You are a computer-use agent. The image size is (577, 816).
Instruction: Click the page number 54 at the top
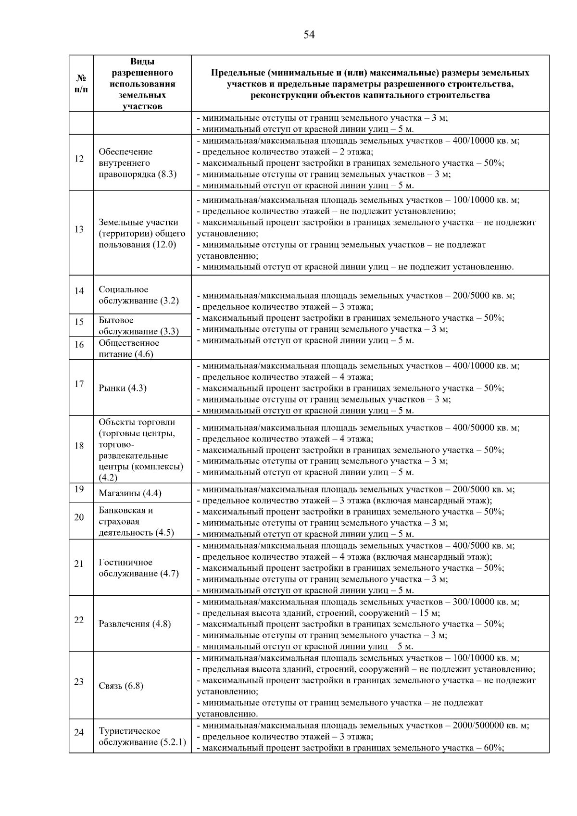[x=309, y=35]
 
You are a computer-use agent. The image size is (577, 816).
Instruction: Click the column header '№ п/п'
[x=81, y=84]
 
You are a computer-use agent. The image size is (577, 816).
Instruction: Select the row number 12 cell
[x=79, y=159]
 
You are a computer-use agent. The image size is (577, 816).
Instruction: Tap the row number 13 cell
[x=79, y=229]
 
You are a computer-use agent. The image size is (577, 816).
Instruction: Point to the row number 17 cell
[x=79, y=384]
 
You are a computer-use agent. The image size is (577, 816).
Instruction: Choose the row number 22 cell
[x=79, y=620]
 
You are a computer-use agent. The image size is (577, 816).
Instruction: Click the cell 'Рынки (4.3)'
[x=123, y=388]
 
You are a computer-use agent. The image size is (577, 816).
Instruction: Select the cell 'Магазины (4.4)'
[x=130, y=493]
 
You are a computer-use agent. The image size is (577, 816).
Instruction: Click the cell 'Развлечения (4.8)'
[x=135, y=624]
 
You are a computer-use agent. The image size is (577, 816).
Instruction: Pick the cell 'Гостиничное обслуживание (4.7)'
[x=138, y=568]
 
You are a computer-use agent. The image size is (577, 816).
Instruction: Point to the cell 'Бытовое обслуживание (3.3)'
[x=138, y=326]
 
